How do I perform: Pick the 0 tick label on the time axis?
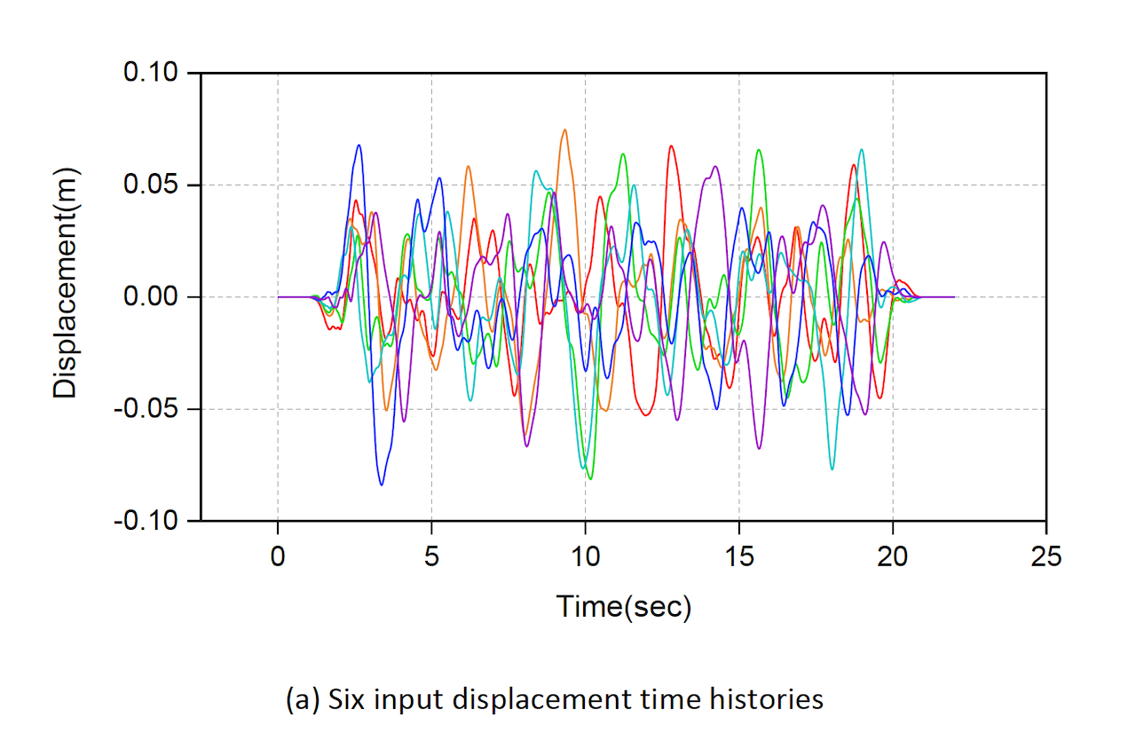click(x=278, y=556)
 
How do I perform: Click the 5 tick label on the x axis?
click(x=431, y=556)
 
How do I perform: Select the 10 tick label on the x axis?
click(x=585, y=556)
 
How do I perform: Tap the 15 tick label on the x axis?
click(x=738, y=556)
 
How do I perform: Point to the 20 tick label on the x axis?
click(x=893, y=556)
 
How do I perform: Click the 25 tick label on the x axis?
click(x=1046, y=556)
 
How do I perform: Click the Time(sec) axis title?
click(x=623, y=607)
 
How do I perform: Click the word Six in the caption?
click(x=344, y=699)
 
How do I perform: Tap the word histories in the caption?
click(x=768, y=699)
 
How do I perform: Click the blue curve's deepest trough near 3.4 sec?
click(x=382, y=485)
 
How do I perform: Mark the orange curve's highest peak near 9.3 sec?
click(x=564, y=130)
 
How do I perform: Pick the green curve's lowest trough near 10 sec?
click(x=590, y=479)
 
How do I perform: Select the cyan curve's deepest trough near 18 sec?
click(x=832, y=469)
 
